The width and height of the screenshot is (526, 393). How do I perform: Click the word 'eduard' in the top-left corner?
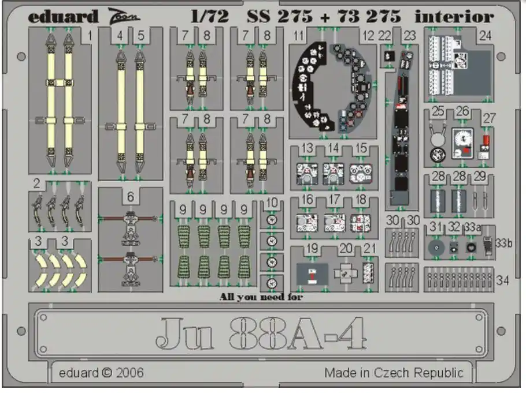tap(63, 17)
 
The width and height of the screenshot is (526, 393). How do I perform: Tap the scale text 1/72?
tap(210, 16)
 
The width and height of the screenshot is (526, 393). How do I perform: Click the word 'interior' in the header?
tap(454, 16)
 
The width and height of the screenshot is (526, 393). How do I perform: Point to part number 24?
tap(485, 36)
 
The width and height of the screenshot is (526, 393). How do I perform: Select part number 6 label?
tap(131, 197)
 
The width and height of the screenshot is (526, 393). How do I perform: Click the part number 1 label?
tap(89, 36)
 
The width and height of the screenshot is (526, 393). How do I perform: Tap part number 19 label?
tap(312, 249)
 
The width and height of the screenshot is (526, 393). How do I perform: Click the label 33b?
tap(504, 243)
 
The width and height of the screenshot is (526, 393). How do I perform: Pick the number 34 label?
tap(502, 280)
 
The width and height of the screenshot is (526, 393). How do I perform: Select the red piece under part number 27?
tap(486, 140)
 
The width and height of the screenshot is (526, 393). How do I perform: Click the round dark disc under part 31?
tap(436, 248)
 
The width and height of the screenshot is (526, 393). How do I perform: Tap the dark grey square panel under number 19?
tap(312, 274)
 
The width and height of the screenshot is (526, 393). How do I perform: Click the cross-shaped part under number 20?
tap(346, 274)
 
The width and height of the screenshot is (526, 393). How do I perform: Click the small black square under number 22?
tap(389, 55)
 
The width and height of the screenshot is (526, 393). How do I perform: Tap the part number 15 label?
tap(361, 148)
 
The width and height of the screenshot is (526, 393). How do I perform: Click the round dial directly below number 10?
tap(272, 220)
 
